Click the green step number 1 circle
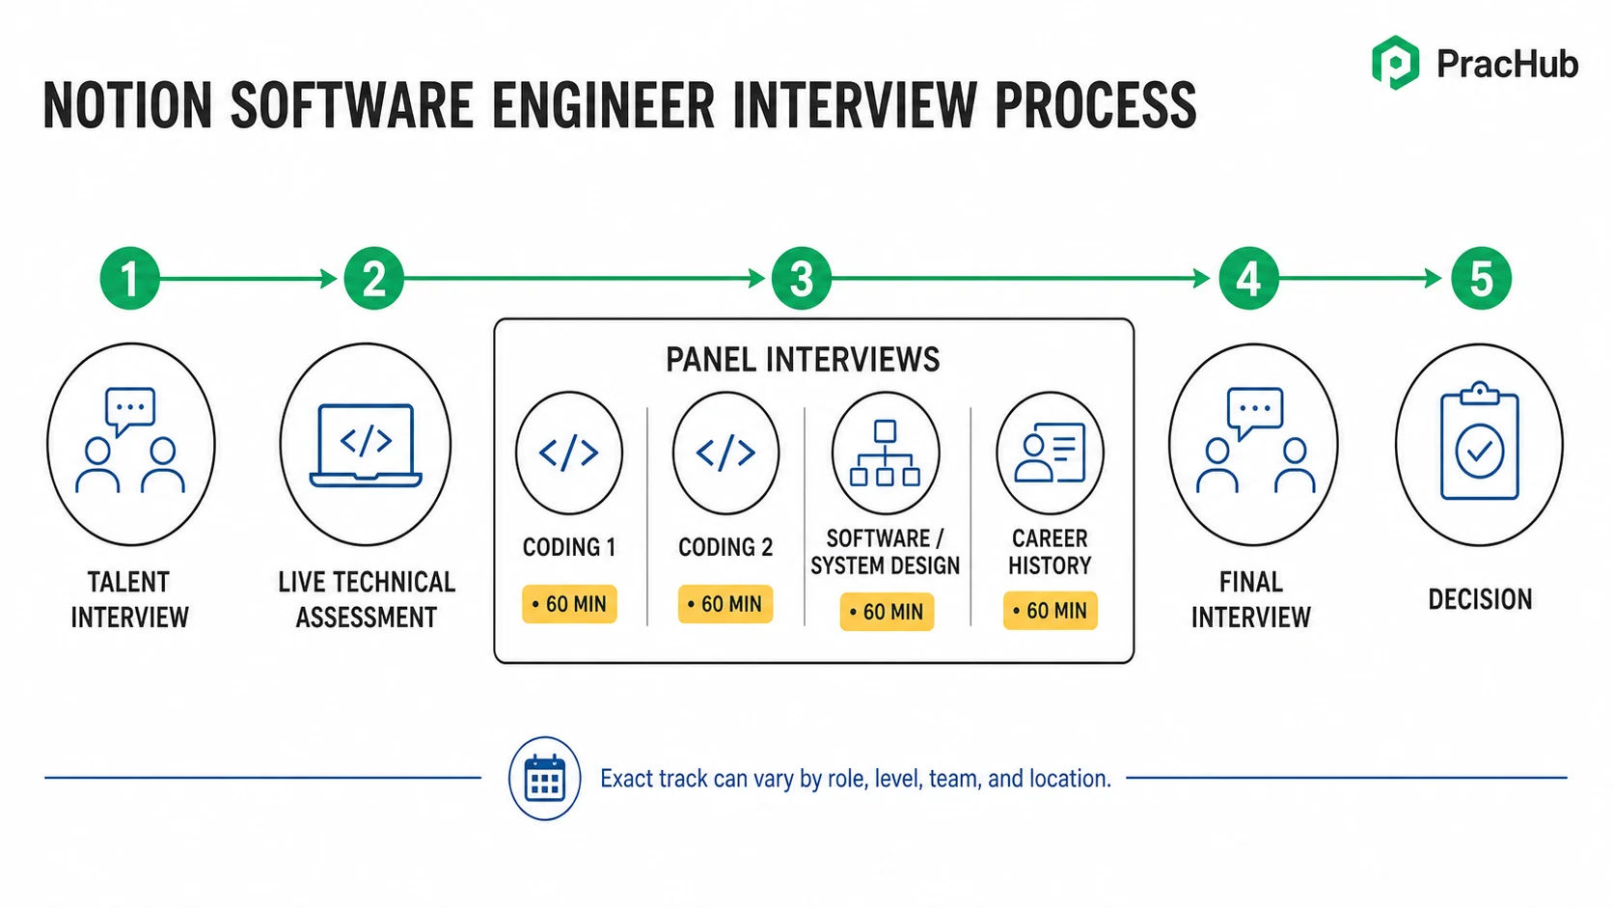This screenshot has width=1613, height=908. point(129,279)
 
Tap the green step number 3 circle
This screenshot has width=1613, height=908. point(802,279)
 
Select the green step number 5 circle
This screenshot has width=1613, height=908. point(1481,279)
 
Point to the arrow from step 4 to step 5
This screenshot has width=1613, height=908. point(1360,279)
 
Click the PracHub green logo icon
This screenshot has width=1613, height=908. point(1396,63)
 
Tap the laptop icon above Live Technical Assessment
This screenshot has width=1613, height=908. point(366,446)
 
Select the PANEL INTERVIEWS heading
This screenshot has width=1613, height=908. point(803,359)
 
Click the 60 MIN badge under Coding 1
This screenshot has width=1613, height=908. point(569,604)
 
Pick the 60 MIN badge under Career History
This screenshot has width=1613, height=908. point(1050,611)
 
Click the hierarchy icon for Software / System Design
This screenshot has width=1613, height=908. point(885,453)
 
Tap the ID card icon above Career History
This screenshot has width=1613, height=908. point(1050,453)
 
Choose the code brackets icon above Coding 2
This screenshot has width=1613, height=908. point(725,453)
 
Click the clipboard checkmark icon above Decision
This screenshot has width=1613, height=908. point(1480,441)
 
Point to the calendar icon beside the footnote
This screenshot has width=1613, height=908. point(544,779)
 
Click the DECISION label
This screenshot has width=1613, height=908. point(1481,600)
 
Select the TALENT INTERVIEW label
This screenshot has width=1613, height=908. point(129,600)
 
